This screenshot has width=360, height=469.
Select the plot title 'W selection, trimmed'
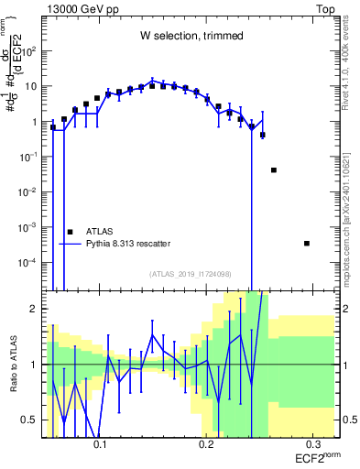191,36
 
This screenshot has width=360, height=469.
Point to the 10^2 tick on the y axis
32,51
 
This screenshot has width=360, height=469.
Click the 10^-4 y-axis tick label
31,263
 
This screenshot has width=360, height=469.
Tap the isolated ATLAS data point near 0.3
306,243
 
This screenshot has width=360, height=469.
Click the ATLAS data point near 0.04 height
274,170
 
